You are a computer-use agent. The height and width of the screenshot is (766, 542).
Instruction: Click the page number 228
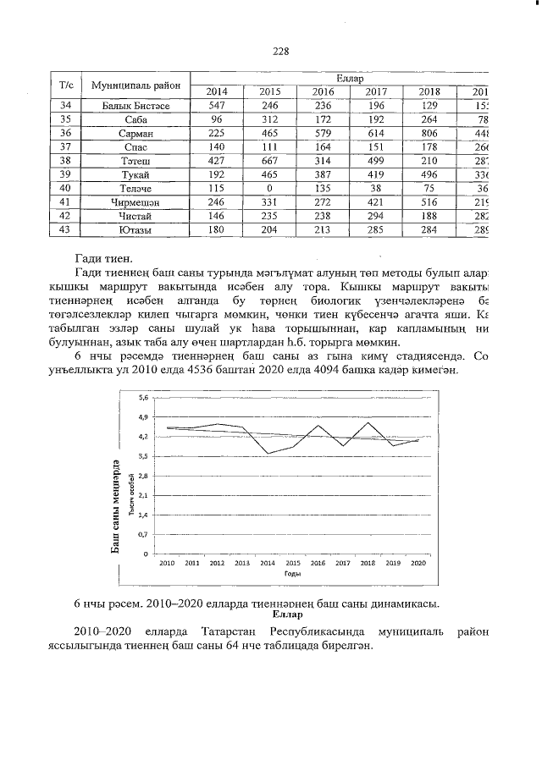click(281, 51)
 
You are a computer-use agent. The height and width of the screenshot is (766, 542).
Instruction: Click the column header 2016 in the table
click(323, 92)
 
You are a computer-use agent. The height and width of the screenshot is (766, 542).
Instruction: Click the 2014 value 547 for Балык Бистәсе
click(217, 106)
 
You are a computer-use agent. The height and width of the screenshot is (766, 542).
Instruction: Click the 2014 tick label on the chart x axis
click(268, 562)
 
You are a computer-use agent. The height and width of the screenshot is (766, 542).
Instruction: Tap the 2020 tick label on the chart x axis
click(418, 562)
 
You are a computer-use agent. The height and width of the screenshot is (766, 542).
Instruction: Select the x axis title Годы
click(291, 573)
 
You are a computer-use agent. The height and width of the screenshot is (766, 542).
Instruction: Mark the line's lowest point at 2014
click(268, 454)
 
